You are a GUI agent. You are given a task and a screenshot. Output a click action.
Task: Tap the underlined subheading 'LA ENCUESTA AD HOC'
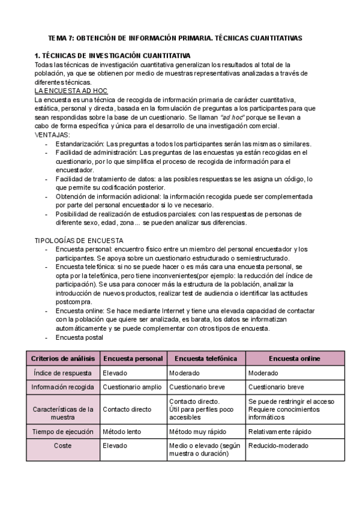coord(71,90)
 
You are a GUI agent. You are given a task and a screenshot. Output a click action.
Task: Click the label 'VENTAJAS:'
coord(52,135)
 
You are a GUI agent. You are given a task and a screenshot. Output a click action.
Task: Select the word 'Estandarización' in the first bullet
coord(79,144)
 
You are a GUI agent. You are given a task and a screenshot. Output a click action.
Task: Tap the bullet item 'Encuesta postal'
coord(79,337)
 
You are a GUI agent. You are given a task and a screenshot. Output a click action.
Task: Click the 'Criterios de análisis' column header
coord(62,358)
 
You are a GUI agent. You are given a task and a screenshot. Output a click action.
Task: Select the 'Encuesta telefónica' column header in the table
coord(206,358)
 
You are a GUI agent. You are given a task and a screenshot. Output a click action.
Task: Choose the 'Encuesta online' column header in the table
coord(294,358)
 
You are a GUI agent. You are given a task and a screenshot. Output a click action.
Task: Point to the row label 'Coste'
coord(62,445)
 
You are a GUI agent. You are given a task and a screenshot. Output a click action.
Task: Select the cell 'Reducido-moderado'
coord(278,445)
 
